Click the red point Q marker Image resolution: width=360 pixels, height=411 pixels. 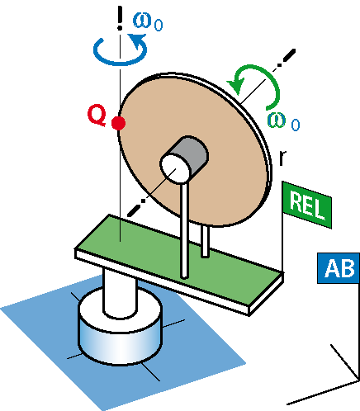point(119,123)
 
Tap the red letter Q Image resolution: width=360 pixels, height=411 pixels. point(97,116)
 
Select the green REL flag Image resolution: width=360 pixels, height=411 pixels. point(307,205)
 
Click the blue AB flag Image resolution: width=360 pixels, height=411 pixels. point(339,268)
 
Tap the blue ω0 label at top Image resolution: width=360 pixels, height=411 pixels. point(148,22)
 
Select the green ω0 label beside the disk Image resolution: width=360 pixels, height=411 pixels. point(283,122)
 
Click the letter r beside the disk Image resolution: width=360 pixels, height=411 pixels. point(282,158)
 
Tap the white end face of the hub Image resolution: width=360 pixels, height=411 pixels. point(174,168)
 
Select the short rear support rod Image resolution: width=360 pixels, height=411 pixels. point(205,242)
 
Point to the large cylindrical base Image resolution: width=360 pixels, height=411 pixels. point(120,330)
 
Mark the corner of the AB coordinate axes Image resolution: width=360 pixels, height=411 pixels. point(359,380)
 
